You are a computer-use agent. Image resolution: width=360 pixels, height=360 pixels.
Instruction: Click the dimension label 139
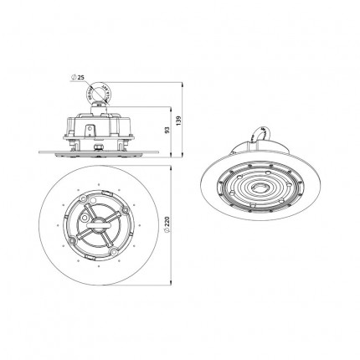[179, 120]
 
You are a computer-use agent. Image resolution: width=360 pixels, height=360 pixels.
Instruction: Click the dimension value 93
[167, 130]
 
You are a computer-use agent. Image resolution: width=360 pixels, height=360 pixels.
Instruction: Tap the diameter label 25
[81, 78]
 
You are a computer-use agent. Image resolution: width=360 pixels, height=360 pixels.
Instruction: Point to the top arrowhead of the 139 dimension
[183, 85]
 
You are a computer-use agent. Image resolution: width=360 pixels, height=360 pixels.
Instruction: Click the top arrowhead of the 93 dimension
[171, 109]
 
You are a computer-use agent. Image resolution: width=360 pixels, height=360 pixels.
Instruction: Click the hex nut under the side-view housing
[98, 147]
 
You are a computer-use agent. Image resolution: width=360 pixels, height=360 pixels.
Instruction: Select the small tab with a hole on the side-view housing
[90, 130]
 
